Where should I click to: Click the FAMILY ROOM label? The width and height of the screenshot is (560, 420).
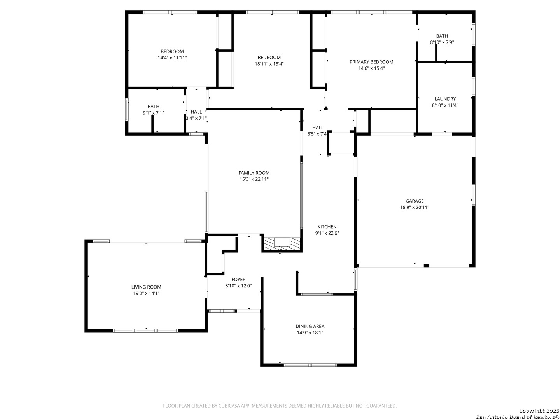[254, 173]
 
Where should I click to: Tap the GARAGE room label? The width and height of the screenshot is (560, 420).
[415, 201]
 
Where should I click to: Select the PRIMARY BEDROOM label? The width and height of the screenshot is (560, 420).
[371, 62]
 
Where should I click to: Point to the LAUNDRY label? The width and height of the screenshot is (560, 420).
[445, 99]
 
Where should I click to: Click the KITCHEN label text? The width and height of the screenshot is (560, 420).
[327, 227]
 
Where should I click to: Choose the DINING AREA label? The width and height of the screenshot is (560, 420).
[310, 326]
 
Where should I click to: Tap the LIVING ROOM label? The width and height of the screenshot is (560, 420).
[146, 287]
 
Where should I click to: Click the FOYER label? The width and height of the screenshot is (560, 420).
[238, 280]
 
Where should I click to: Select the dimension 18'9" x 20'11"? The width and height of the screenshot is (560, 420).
[415, 207]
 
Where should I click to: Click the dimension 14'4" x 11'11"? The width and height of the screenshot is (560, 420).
[172, 58]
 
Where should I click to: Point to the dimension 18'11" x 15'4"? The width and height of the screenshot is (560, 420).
[269, 64]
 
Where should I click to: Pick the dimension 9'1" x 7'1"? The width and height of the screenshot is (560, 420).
[153, 113]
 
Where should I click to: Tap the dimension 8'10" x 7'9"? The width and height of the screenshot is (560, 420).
[442, 42]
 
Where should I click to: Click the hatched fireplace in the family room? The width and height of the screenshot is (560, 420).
[282, 244]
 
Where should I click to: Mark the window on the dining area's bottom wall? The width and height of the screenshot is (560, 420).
[310, 365]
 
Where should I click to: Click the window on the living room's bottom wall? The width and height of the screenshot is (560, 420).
[145, 331]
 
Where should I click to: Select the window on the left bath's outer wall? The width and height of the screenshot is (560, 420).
[126, 110]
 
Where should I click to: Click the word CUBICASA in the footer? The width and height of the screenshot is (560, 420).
[228, 406]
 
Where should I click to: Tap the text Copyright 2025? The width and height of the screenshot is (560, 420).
[539, 411]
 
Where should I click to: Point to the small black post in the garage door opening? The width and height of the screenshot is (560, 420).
[426, 266]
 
